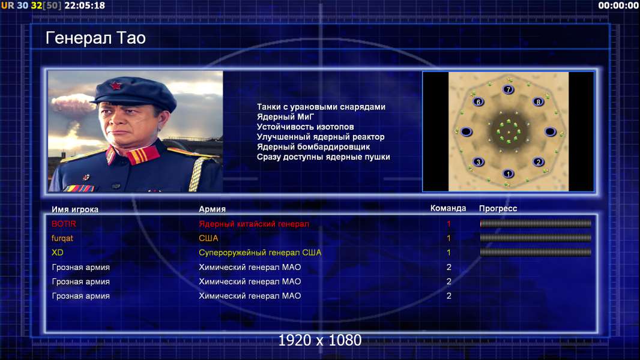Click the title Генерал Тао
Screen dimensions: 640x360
(95, 38)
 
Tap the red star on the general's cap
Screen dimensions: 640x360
(115, 86)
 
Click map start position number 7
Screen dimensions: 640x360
(508, 89)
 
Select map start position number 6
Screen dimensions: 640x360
(478, 101)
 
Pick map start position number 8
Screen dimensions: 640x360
(539, 101)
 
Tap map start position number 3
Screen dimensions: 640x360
(478, 162)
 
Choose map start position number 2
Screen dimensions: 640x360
(539, 162)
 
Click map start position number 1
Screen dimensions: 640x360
(508, 173)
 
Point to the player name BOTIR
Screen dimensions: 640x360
(64, 224)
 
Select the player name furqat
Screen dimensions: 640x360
(62, 239)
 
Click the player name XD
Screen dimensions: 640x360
(58, 253)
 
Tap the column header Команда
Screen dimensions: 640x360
(448, 208)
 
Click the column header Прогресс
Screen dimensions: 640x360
(498, 209)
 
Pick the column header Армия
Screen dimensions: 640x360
(213, 209)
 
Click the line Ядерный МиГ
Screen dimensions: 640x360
(285, 116)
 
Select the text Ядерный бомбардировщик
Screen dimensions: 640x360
(313, 147)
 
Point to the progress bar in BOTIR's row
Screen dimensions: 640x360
(536, 223)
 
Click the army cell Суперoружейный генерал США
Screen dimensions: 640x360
(260, 253)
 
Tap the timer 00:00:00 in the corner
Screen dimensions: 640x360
(618, 5)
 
